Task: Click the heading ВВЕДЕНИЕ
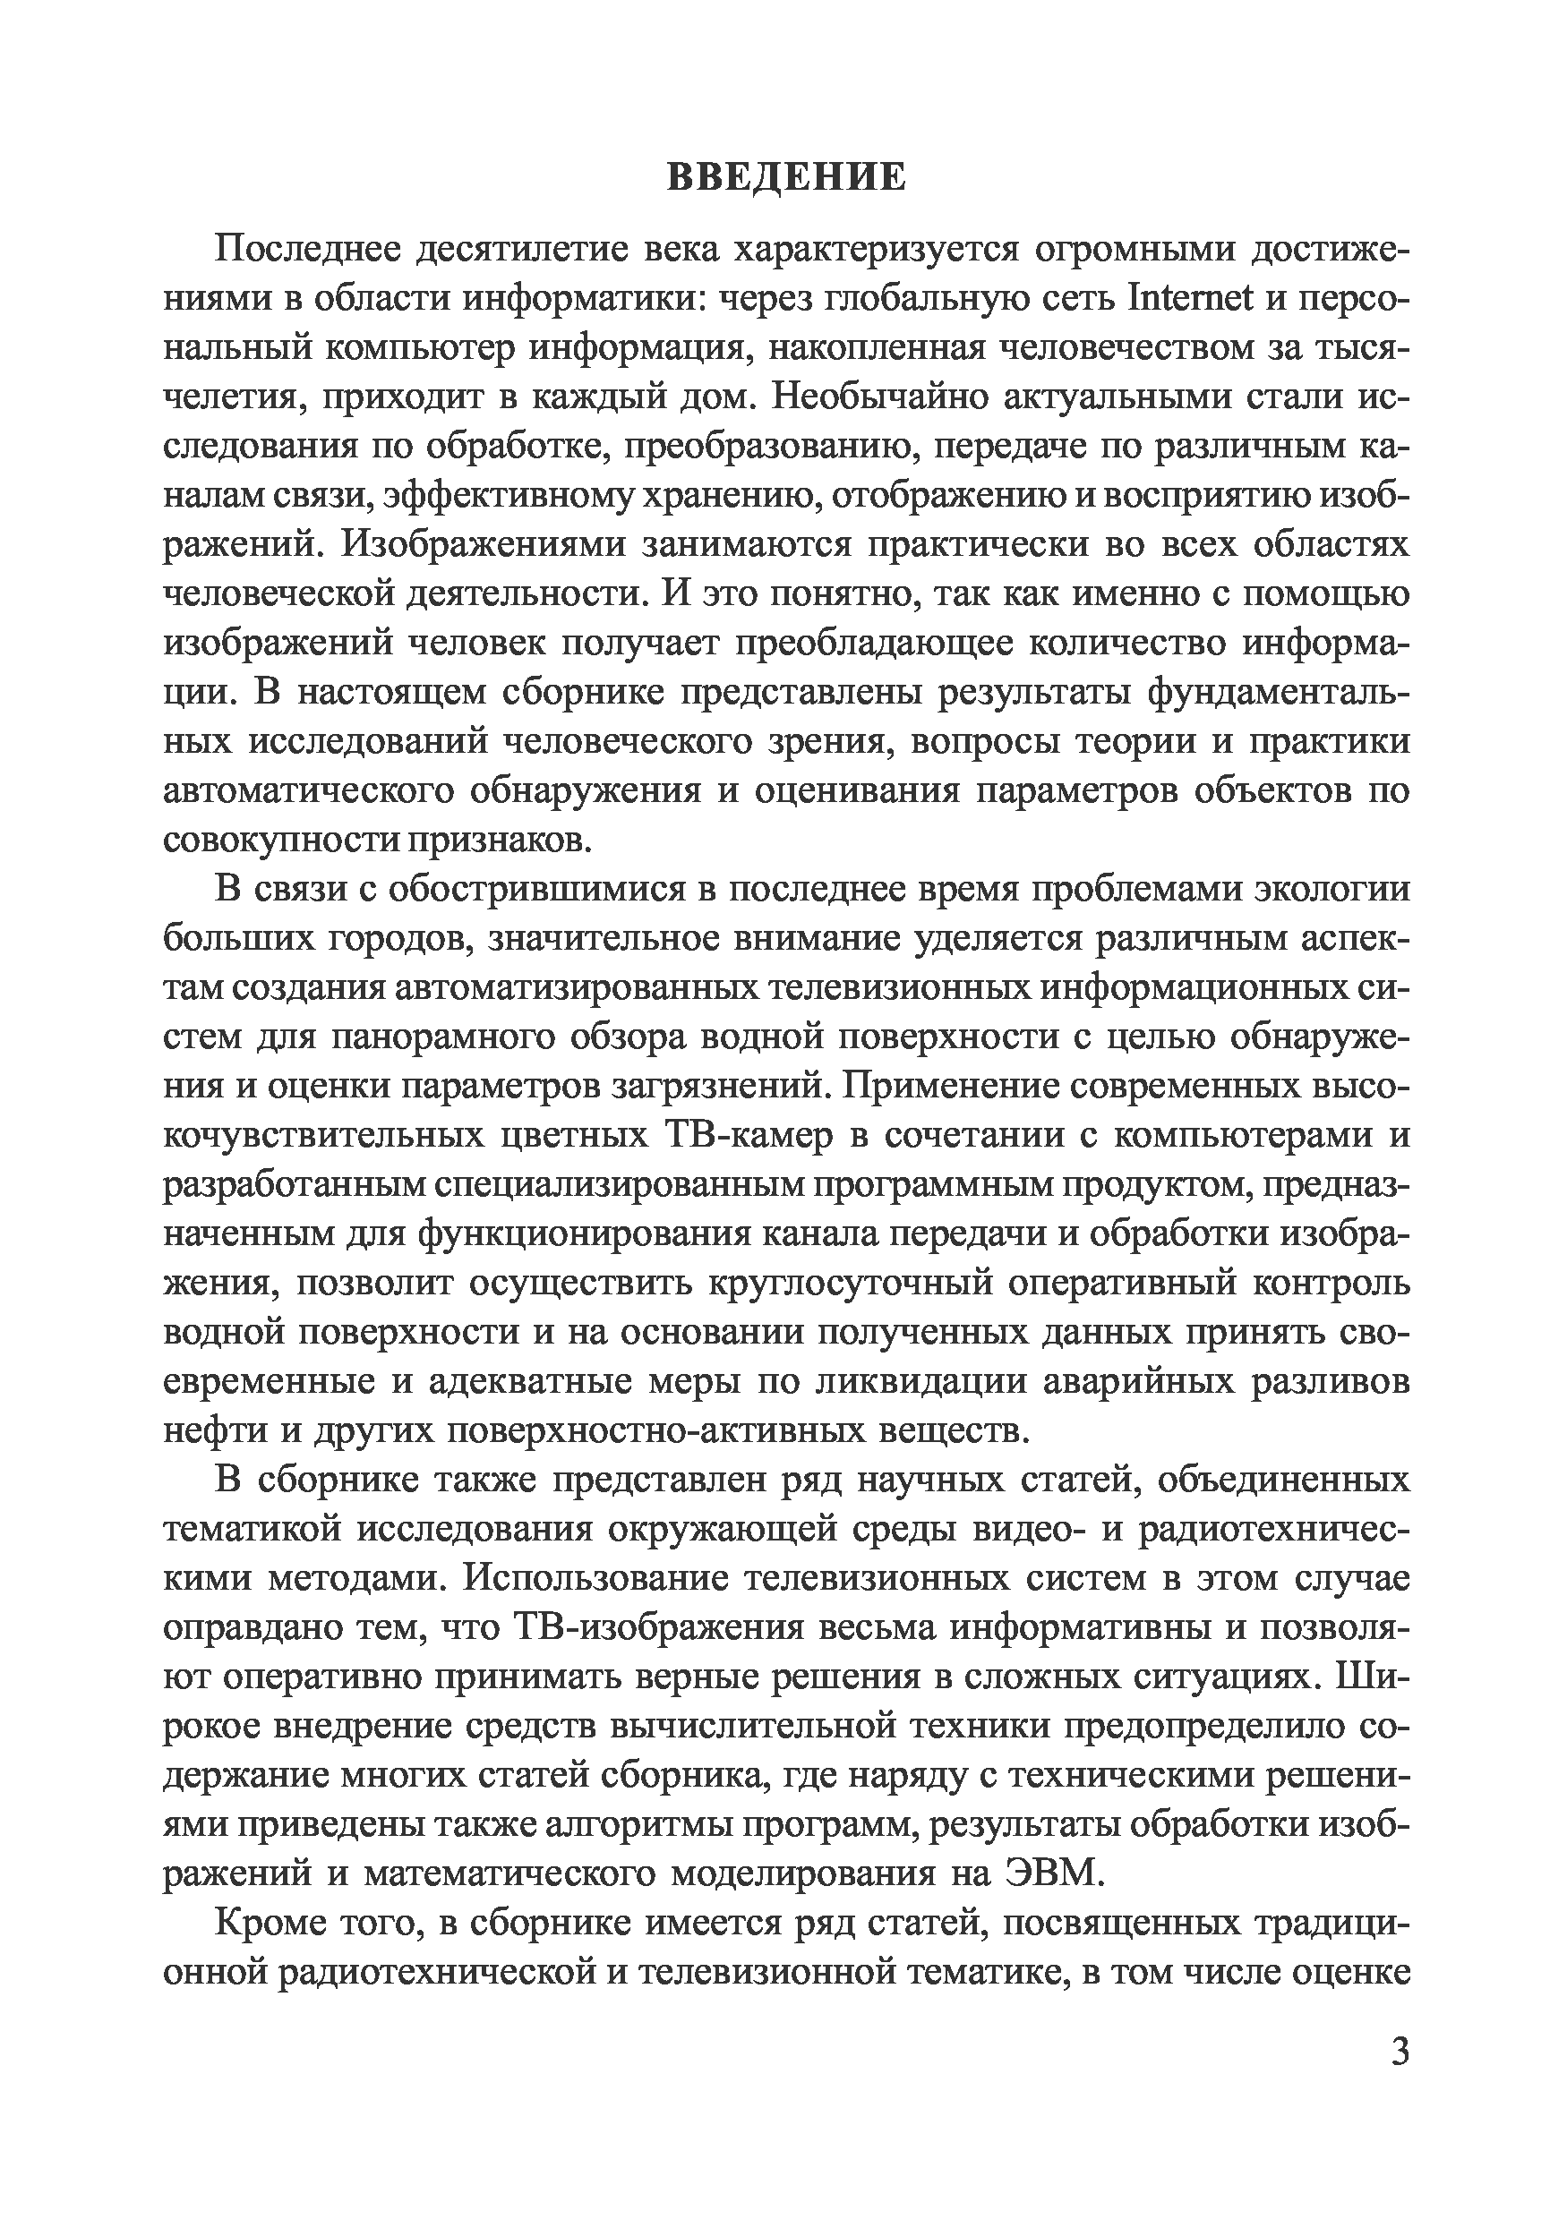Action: click(x=786, y=178)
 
